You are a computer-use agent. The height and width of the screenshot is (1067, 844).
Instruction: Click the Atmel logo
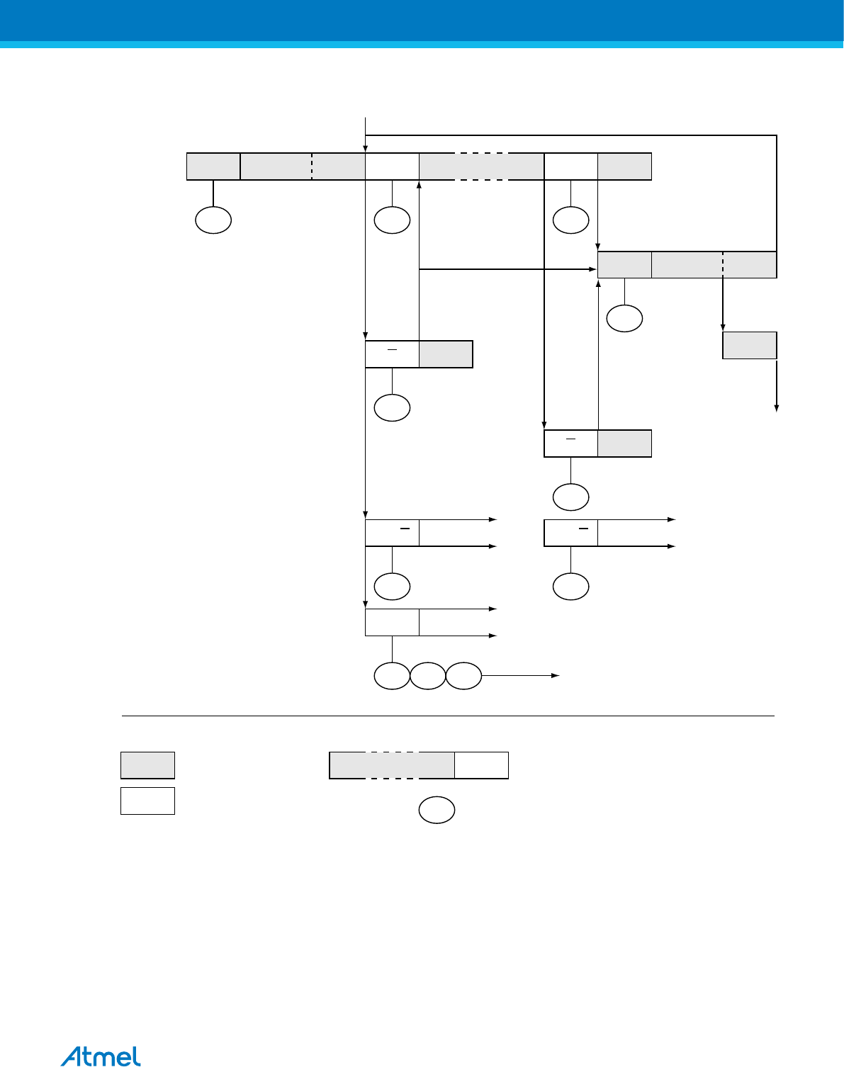[x=101, y=1056]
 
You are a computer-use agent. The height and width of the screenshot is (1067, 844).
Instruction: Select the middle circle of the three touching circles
[x=428, y=676]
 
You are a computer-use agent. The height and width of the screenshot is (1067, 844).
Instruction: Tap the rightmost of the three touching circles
[x=464, y=676]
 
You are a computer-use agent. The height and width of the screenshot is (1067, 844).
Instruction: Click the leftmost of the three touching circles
[x=392, y=676]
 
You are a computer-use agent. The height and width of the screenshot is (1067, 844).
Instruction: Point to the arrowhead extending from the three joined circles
[x=557, y=676]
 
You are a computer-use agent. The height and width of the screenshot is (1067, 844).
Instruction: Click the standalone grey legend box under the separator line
[x=147, y=765]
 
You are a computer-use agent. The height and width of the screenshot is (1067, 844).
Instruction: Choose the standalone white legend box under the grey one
[x=147, y=801]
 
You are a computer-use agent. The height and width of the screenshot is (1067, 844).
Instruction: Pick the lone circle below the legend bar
[x=437, y=811]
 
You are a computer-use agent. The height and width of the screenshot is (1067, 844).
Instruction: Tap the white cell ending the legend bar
[x=481, y=765]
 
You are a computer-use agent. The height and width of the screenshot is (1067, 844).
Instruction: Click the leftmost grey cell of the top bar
[x=213, y=166]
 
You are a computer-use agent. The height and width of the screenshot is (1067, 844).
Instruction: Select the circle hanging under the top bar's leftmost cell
[x=213, y=220]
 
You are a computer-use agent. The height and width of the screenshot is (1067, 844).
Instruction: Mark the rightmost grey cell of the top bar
[x=624, y=166]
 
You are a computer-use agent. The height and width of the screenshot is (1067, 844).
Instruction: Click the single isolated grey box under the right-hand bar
[x=750, y=345]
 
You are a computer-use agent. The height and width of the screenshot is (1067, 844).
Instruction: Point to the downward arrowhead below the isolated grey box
[x=777, y=407]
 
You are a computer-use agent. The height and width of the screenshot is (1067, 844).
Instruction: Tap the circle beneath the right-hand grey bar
[x=625, y=319]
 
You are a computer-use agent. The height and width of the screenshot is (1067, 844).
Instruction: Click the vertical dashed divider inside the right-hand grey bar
[x=723, y=264]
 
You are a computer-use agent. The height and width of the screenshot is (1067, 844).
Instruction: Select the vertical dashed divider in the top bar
[x=312, y=166]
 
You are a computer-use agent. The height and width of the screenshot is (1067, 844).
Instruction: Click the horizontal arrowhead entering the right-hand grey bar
[x=594, y=269]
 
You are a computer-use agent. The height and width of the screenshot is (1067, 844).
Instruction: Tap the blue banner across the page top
[x=422, y=21]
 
